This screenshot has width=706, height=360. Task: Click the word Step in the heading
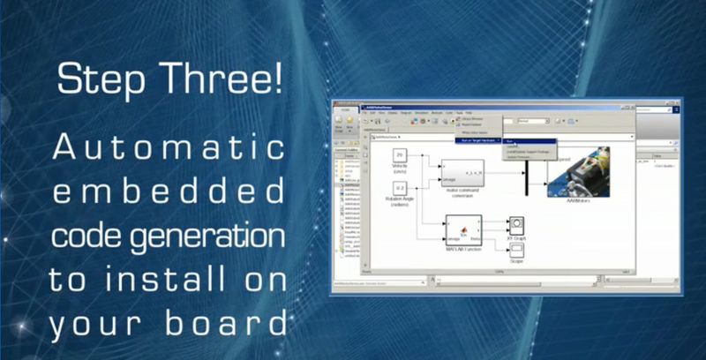click(98, 80)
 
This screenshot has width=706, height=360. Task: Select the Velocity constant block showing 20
click(399, 156)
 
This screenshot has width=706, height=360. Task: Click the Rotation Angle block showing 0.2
click(399, 189)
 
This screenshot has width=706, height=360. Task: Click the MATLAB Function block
click(463, 229)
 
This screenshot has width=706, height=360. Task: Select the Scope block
click(516, 251)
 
